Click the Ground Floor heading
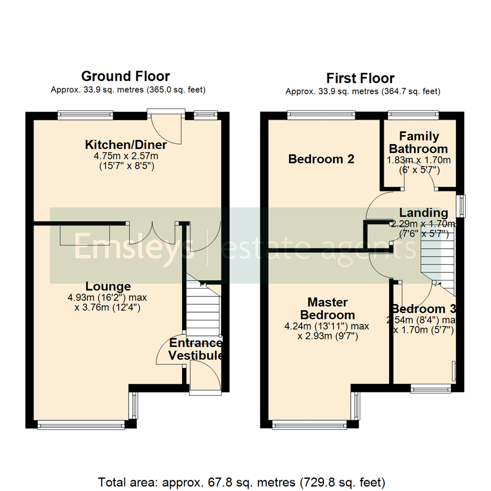point(125,76)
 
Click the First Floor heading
point(360,78)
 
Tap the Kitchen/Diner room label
point(126,145)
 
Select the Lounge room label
point(108,286)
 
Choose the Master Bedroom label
point(327,308)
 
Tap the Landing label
point(423,213)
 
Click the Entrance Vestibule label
point(196,349)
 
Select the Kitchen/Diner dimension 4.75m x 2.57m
point(126,156)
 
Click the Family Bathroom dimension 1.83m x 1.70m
point(419,160)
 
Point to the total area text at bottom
point(242,481)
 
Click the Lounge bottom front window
point(81,425)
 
